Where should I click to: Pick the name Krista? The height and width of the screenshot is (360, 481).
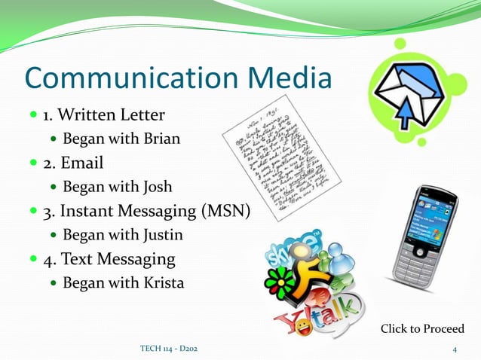(x=161, y=283)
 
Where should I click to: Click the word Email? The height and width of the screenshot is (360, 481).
(x=82, y=163)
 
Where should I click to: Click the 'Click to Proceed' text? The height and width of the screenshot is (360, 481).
(x=422, y=329)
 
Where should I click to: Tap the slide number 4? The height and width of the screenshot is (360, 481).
(x=455, y=349)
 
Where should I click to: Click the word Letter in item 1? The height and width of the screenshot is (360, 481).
(x=138, y=115)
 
